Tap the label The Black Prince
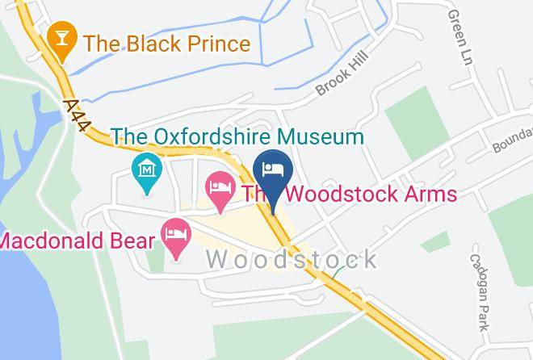[x=167, y=44]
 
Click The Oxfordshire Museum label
[x=237, y=136]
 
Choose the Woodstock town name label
[x=292, y=260]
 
